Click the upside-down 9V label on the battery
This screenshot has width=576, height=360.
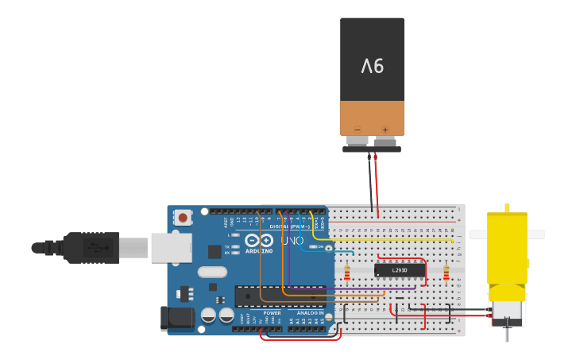pos(373,66)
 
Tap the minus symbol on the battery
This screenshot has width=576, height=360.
pos(357,130)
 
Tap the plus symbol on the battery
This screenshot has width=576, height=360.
pos(385,130)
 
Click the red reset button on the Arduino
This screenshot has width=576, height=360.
pos(183,217)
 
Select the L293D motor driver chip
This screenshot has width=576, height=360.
pos(399,270)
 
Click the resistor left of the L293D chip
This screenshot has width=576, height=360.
pos(347,273)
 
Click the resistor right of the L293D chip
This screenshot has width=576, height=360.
pos(446,273)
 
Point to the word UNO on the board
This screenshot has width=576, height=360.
pos(292,240)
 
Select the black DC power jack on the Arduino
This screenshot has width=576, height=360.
pos(176,318)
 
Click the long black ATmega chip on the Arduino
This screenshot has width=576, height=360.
pos(280,296)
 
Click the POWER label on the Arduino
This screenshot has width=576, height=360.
pos(272,313)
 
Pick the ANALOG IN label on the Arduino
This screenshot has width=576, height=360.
pos(309,313)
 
